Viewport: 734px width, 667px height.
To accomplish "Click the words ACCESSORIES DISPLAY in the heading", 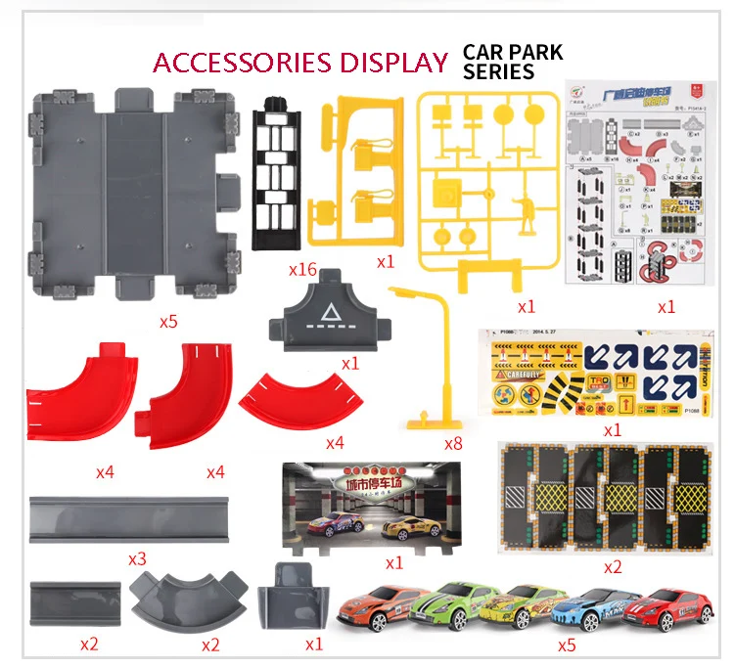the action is [300, 63].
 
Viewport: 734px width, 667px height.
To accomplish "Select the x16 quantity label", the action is [303, 270].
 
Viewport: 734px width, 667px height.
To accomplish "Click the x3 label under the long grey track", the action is [137, 559].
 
